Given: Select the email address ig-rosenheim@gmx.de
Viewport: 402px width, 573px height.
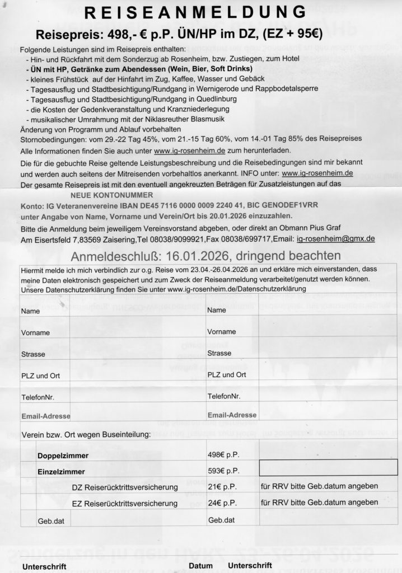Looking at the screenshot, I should (335, 238).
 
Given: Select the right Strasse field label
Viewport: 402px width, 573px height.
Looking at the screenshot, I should (219, 353).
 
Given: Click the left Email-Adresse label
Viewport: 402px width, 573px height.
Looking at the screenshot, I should (46, 416).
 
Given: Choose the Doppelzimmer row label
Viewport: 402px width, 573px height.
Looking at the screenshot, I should (63, 456).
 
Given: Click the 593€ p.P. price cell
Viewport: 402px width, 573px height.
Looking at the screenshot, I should (223, 470).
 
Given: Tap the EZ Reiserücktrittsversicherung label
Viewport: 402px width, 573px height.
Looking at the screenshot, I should (125, 503).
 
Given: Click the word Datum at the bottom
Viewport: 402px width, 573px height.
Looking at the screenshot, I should (200, 566).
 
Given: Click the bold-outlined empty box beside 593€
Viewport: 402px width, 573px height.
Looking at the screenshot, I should (328, 467).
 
